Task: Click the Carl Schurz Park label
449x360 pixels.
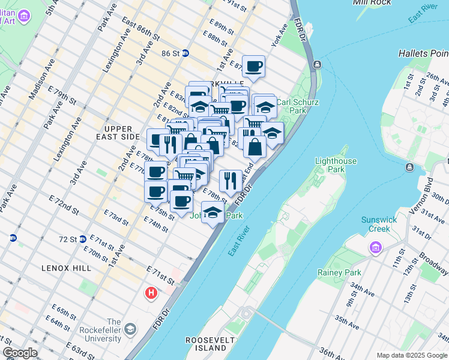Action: tap(291, 106)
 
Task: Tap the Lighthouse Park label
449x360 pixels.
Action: tap(336, 166)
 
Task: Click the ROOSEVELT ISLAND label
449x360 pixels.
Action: tap(212, 344)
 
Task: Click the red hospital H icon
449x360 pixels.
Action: tap(151, 293)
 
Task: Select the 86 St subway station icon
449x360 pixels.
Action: tap(185, 53)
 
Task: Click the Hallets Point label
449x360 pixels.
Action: tap(423, 54)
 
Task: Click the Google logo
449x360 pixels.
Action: tap(20, 353)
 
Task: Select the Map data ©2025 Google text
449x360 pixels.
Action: tap(411, 355)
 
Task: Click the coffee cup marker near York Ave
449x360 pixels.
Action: tap(253, 67)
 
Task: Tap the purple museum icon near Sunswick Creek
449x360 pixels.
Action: tap(376, 247)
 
